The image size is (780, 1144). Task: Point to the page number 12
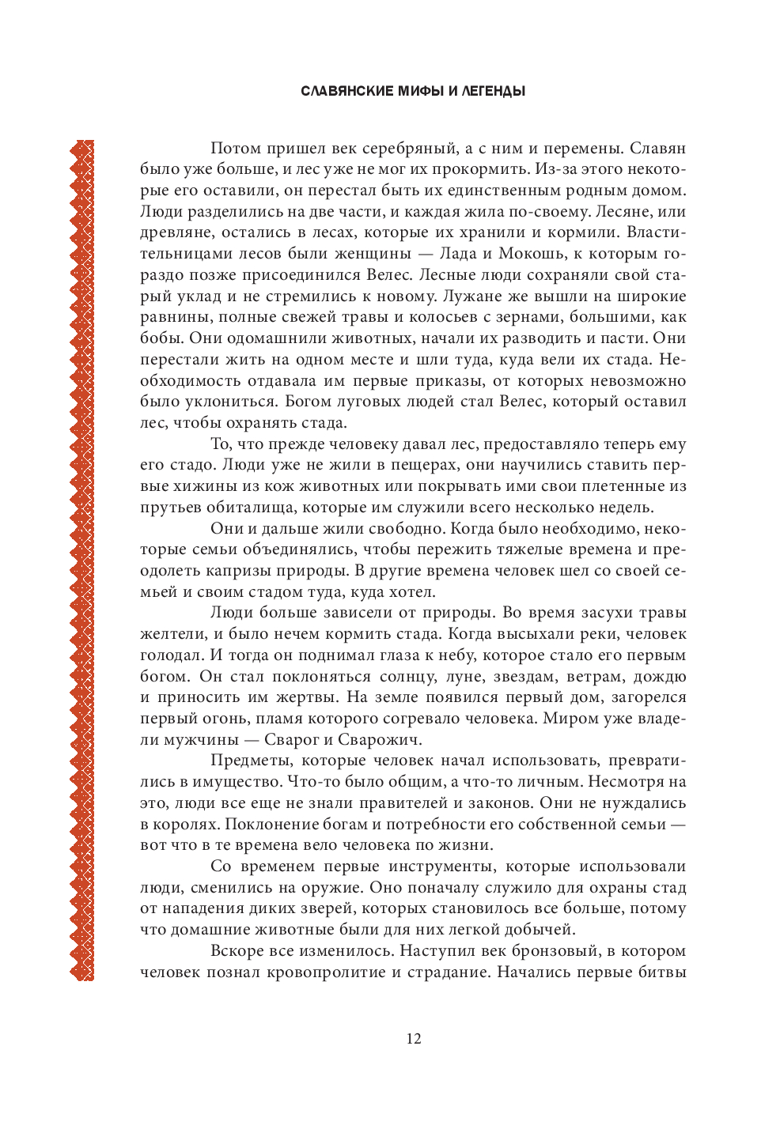[x=414, y=1039]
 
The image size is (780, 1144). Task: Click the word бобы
[x=161, y=338]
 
